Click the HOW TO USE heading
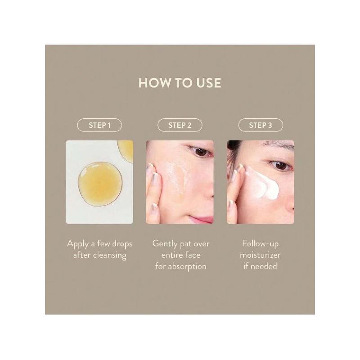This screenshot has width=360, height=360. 180,84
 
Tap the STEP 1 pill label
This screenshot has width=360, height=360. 99,125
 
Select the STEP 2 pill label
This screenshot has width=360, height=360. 180,125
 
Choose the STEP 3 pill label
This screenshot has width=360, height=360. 260,125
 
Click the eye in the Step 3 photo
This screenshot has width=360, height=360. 281,166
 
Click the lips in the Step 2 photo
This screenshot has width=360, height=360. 203,219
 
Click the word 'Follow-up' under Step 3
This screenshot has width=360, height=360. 260,244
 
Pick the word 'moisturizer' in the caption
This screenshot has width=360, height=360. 260,255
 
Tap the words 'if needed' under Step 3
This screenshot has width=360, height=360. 260,266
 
